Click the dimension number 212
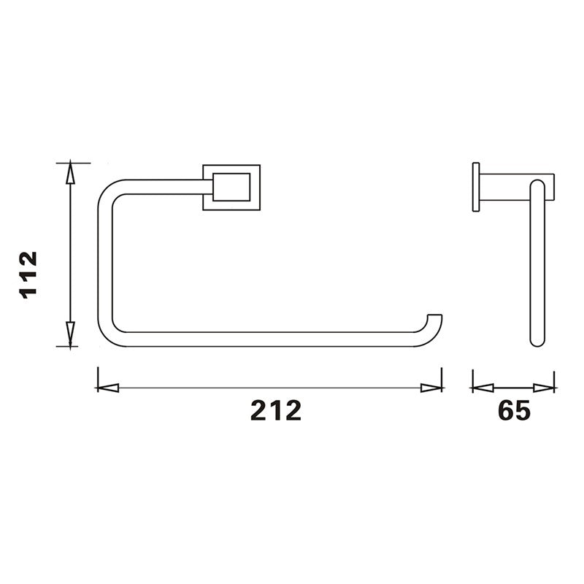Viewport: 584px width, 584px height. pos(276,411)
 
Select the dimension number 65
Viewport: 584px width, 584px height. pos(514,411)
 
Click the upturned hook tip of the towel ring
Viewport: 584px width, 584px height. pos(435,324)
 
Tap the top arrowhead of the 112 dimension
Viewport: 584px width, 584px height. pos(69,172)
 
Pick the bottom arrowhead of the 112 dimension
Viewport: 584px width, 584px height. pos(69,336)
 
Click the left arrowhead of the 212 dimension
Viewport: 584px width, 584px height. pos(107,388)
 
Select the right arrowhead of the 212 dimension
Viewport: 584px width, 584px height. pos(432,388)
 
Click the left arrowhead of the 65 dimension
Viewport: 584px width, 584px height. pos(482,388)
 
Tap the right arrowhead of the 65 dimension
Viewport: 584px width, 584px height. pos(545,388)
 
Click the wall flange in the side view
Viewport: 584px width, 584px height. pos(476,186)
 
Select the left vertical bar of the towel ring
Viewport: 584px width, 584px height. pos(105,263)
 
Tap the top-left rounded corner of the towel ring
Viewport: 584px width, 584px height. pos(109,188)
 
